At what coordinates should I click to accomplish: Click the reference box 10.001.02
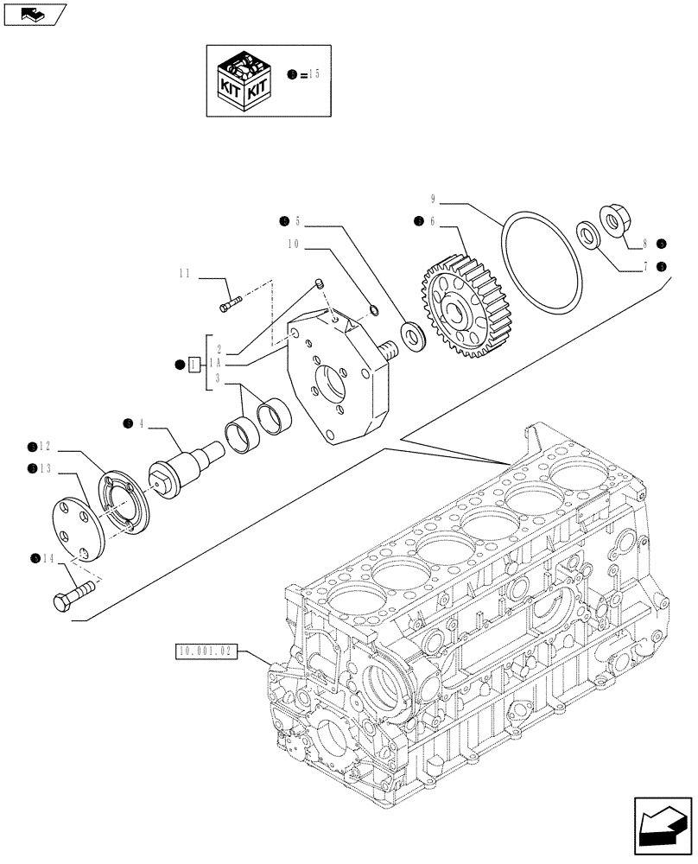click(206, 651)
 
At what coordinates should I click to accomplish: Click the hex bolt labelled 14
click(73, 600)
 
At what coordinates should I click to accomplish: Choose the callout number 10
click(295, 245)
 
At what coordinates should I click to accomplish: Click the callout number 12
click(44, 447)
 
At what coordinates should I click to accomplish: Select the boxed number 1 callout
click(194, 365)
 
